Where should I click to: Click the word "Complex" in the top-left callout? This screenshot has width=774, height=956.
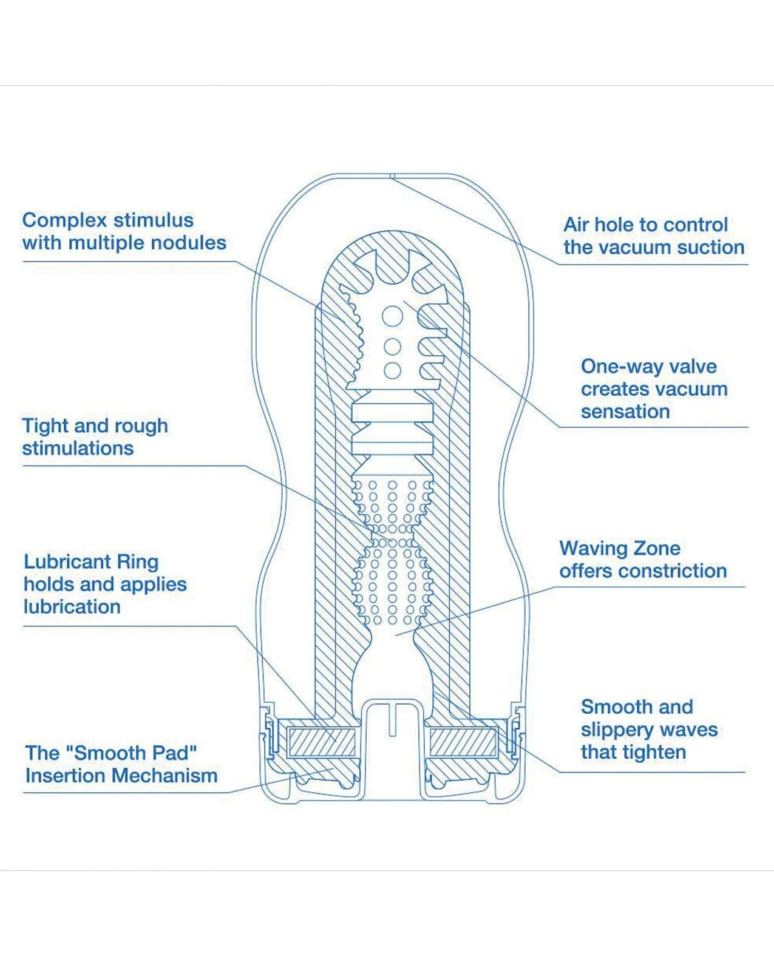65,221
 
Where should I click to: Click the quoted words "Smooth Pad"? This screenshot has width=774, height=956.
131,753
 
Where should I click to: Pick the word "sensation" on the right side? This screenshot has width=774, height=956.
625,412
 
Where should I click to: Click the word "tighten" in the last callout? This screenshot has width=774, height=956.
657,753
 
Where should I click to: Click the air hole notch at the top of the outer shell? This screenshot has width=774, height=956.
392,176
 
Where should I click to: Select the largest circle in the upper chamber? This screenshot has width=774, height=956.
392,316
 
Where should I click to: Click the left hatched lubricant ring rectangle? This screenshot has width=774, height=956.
322,742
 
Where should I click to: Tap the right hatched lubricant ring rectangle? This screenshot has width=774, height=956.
463,742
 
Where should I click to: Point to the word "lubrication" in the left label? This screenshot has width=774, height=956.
72,607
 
